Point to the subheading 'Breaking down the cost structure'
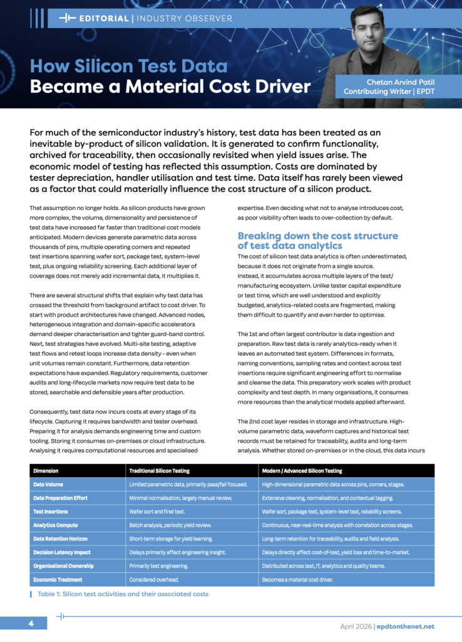tap(317, 236)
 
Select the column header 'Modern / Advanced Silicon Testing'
tap(302, 471)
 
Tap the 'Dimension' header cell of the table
tap(46, 471)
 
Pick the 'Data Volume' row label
tap(48, 485)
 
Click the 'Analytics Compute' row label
tap(56, 525)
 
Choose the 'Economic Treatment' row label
tap(58, 580)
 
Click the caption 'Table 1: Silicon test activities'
tap(123, 594)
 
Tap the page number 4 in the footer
tap(31, 624)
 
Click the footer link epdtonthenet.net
tap(406, 626)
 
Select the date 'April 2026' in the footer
tap(355, 626)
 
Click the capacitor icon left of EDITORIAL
tap(67, 18)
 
